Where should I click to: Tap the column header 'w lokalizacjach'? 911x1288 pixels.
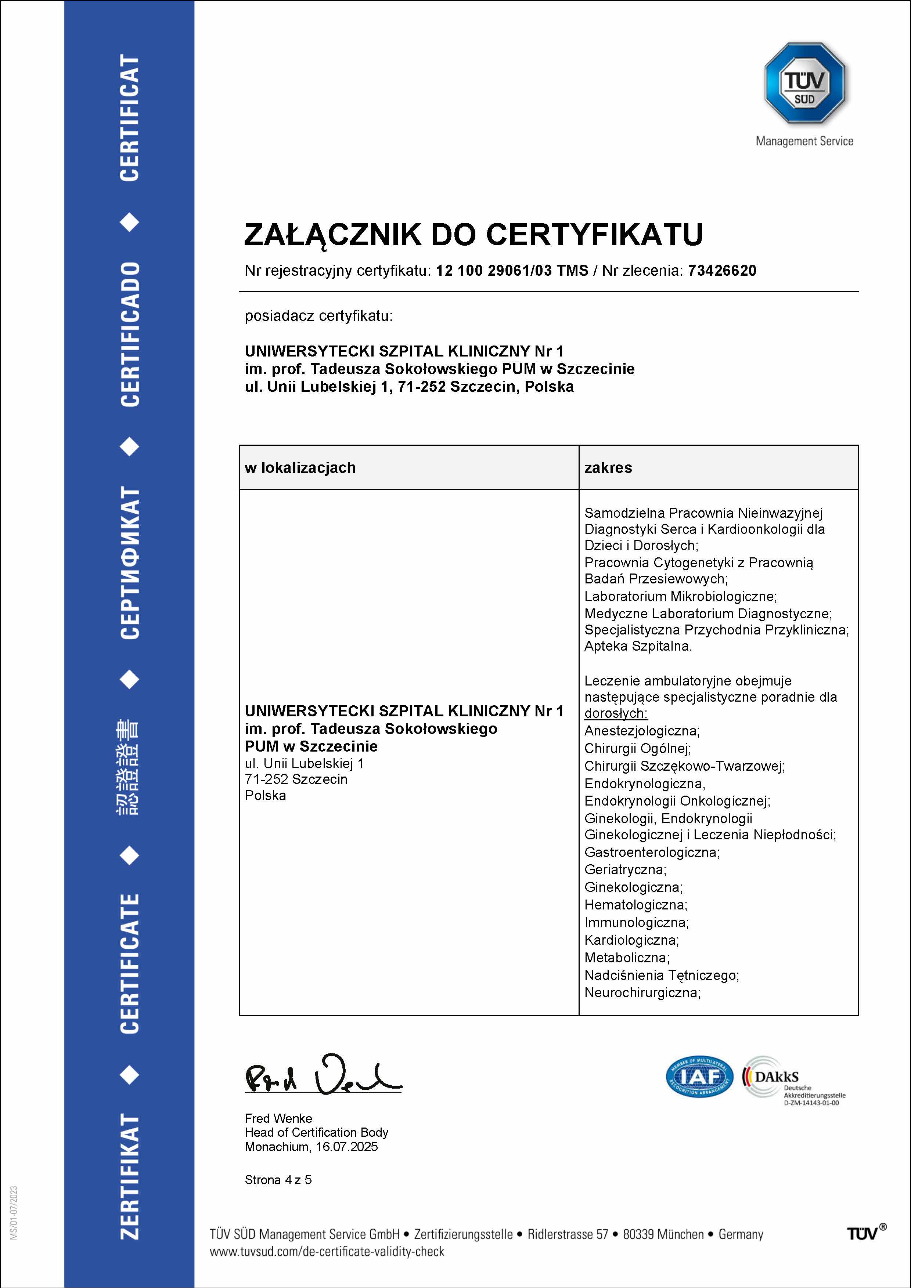point(300,468)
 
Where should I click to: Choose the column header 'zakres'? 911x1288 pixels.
point(608,468)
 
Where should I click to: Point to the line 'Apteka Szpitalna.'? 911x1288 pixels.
point(638,646)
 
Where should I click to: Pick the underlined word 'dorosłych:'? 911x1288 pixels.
point(616,713)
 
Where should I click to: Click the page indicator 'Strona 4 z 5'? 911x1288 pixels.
point(278,1180)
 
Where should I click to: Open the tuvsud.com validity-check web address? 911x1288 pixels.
point(327,1252)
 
